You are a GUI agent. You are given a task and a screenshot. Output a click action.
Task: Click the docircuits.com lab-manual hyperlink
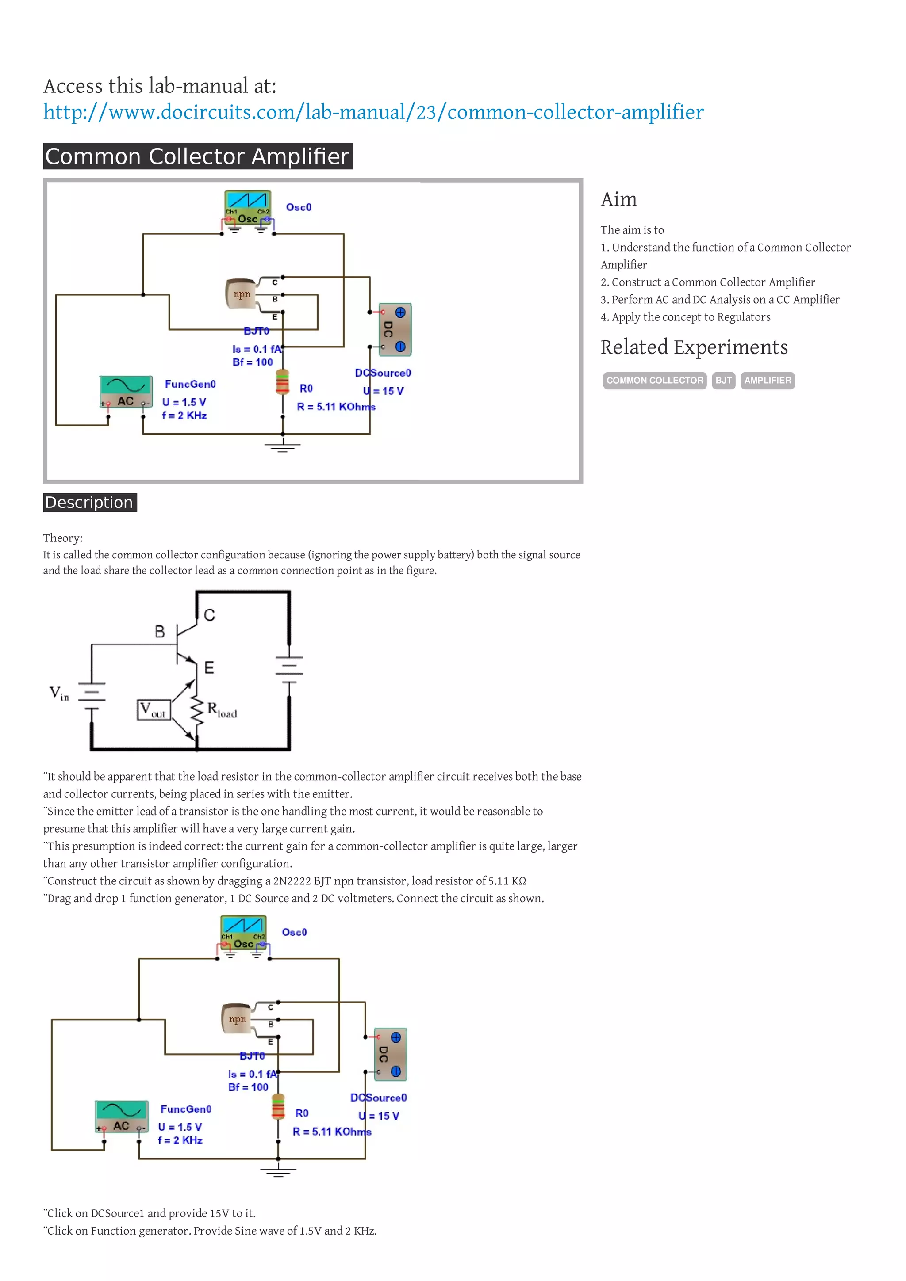(x=373, y=112)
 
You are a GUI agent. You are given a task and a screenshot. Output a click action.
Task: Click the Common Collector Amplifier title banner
(x=198, y=156)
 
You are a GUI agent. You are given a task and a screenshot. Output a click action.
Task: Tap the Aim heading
(x=618, y=199)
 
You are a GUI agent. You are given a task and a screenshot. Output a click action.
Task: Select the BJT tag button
(x=723, y=381)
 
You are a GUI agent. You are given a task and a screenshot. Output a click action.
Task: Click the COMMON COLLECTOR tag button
(x=654, y=381)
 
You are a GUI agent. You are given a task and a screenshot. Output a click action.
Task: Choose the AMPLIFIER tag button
(x=767, y=381)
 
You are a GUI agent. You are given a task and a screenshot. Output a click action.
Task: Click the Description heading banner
(x=89, y=502)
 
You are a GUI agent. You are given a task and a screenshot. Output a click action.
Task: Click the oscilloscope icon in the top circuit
(x=247, y=207)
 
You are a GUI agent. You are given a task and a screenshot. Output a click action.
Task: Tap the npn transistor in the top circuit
(x=241, y=294)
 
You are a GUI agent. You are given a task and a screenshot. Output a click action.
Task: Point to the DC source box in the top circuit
(x=395, y=329)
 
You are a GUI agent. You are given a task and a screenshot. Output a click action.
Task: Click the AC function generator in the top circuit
(x=126, y=392)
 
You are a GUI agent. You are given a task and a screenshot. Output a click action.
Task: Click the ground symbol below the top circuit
(x=283, y=446)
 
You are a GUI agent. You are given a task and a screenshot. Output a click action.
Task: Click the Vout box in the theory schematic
(x=154, y=710)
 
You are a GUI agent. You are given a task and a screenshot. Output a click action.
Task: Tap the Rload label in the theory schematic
(x=222, y=710)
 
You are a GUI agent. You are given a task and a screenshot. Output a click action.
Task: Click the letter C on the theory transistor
(x=209, y=615)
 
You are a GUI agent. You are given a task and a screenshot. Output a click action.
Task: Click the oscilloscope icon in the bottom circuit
(x=243, y=932)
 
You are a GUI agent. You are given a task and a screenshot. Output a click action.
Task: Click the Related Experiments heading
(x=693, y=347)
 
